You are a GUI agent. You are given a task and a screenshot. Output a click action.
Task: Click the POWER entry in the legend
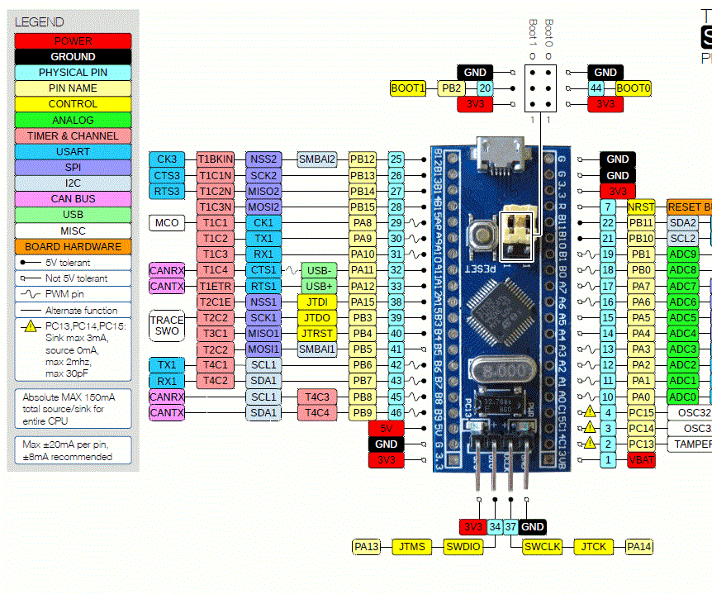click(x=73, y=40)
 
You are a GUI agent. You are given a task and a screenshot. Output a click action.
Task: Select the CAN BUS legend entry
click(x=73, y=199)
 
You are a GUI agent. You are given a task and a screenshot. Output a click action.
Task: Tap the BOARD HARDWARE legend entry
click(x=73, y=246)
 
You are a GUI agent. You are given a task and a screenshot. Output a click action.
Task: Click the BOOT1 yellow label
click(x=408, y=88)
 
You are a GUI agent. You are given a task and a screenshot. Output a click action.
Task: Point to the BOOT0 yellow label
click(x=634, y=88)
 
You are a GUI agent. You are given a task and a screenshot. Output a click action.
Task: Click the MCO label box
click(x=167, y=223)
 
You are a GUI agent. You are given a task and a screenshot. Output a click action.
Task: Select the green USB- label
click(x=319, y=270)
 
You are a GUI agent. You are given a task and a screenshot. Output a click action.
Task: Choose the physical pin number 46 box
click(x=396, y=411)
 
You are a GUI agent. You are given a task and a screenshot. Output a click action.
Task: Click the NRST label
click(x=641, y=207)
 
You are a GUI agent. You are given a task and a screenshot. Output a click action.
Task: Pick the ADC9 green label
click(x=682, y=254)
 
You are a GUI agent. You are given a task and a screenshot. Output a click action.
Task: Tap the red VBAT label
click(x=641, y=459)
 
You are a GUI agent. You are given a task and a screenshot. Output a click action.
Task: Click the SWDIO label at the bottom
click(x=463, y=546)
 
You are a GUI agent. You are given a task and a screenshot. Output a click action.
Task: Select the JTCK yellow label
click(x=593, y=546)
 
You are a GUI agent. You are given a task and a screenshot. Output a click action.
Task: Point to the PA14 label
click(x=638, y=546)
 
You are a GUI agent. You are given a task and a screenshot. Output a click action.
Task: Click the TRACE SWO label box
click(x=167, y=325)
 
